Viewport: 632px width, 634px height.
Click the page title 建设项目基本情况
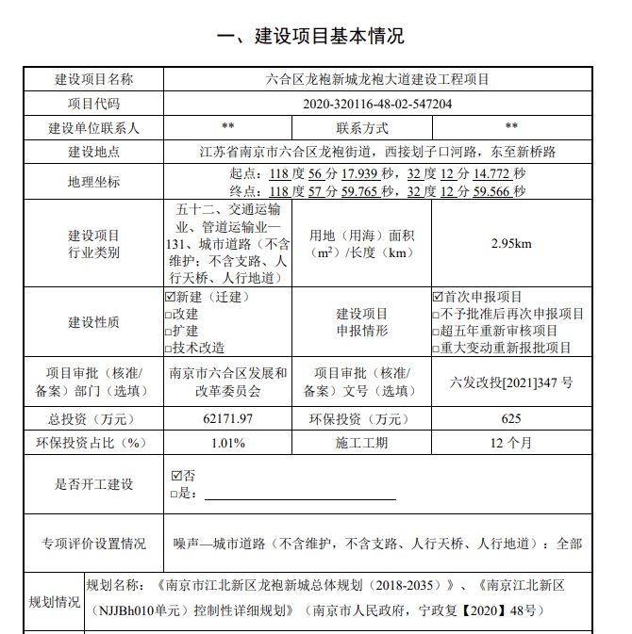[x=310, y=37]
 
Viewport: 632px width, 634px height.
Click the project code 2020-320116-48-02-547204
[x=377, y=104]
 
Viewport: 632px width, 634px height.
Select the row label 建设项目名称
[x=93, y=79]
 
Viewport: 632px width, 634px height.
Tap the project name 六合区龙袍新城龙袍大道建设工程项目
[x=377, y=79]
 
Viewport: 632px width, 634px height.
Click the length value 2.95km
[x=511, y=244]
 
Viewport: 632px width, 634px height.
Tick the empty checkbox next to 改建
[x=169, y=315]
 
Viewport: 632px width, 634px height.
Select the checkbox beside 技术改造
[x=169, y=348]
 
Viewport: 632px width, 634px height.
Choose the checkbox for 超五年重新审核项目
[x=437, y=332]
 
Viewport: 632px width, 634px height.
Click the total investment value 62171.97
[x=227, y=418]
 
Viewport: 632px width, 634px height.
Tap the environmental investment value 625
[x=511, y=418]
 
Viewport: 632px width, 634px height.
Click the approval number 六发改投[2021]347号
[x=511, y=382]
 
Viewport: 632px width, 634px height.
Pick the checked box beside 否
[x=176, y=476]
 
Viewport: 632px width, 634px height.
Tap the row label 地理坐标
[x=93, y=182]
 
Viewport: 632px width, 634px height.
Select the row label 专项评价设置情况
[x=93, y=544]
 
